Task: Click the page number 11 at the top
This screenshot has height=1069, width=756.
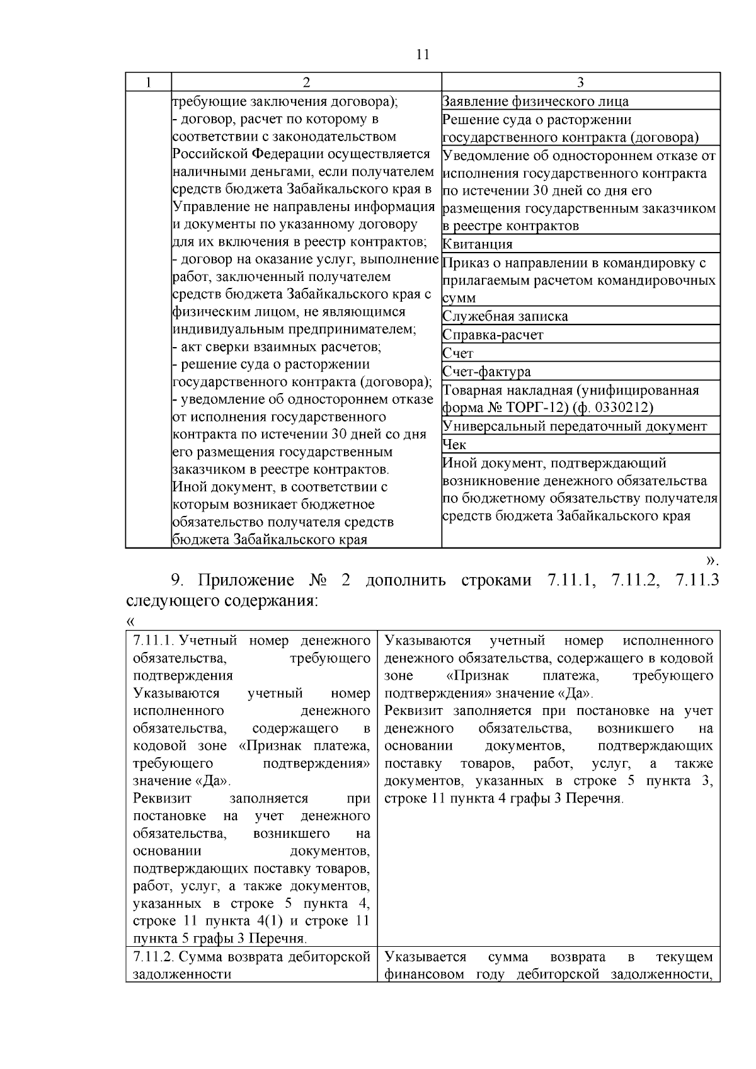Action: pyautogui.click(x=423, y=54)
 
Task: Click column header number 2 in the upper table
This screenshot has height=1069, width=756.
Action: pyautogui.click(x=306, y=83)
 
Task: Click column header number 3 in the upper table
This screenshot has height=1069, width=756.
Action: pyautogui.click(x=581, y=83)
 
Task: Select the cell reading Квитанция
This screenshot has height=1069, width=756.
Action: pyautogui.click(x=478, y=244)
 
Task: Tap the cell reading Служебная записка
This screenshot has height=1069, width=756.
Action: pyautogui.click(x=505, y=316)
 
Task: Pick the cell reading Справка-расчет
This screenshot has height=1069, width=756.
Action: pyautogui.click(x=493, y=334)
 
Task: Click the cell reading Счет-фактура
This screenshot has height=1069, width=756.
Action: pyautogui.click(x=486, y=372)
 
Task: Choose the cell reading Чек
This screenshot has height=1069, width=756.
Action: pyautogui.click(x=454, y=445)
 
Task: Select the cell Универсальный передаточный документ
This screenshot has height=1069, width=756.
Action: pyautogui.click(x=575, y=426)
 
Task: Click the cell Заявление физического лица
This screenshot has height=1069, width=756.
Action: pyautogui.click(x=535, y=101)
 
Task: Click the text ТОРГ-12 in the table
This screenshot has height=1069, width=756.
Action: pyautogui.click(x=537, y=408)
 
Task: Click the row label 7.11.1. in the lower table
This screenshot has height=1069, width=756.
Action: pyautogui.click(x=153, y=641)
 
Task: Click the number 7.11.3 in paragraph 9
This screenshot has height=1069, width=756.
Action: pyautogui.click(x=697, y=580)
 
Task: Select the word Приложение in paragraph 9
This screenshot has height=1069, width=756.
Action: pyautogui.click(x=246, y=580)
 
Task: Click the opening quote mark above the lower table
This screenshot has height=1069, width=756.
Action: pyautogui.click(x=130, y=621)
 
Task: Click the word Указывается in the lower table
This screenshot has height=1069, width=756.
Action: pyautogui.click(x=425, y=958)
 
